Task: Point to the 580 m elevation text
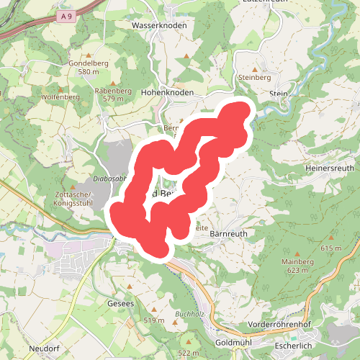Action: (88, 72)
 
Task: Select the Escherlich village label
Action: (290, 346)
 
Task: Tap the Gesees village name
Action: (121, 305)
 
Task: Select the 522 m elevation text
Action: (188, 353)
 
